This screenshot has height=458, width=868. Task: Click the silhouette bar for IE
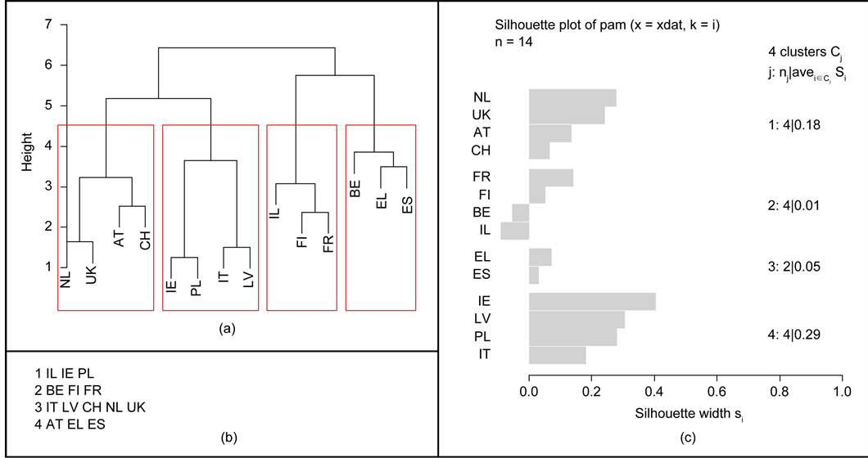point(592,301)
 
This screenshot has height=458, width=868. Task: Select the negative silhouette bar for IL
point(515,231)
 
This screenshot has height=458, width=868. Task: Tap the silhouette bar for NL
point(572,98)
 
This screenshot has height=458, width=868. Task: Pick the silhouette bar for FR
point(551,177)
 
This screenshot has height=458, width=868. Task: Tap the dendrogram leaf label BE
point(355,189)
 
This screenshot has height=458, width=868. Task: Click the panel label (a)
point(227,329)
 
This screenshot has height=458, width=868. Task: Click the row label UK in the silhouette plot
point(481,115)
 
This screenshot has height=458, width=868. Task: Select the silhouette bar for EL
point(540,257)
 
